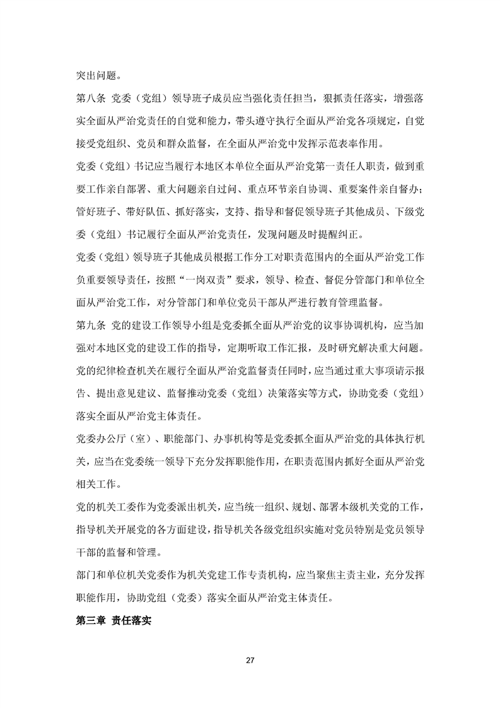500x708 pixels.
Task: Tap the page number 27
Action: [x=250, y=660]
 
